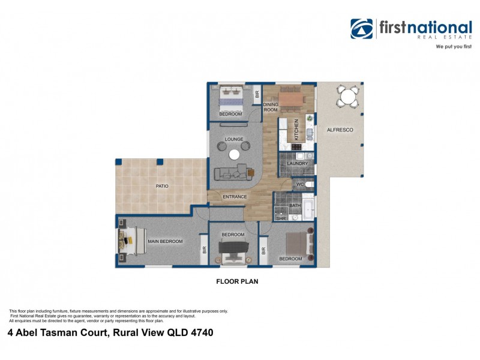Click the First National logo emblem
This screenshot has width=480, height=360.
[x=362, y=29]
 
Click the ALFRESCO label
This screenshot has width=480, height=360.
[x=340, y=130]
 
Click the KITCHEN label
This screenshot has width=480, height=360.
[x=296, y=130]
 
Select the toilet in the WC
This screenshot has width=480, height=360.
[x=308, y=185]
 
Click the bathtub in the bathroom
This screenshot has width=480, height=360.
[x=307, y=208]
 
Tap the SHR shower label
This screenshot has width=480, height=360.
[x=280, y=219]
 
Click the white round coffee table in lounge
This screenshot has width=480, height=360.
[x=235, y=154]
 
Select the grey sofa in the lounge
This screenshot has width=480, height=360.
[x=231, y=173]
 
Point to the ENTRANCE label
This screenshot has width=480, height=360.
[x=235, y=197]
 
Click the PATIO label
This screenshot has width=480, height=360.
[x=162, y=186]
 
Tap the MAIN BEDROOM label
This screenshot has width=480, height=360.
[x=165, y=241]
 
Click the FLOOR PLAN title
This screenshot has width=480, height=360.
[x=237, y=280]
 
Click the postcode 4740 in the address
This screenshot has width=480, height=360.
[x=202, y=332]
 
